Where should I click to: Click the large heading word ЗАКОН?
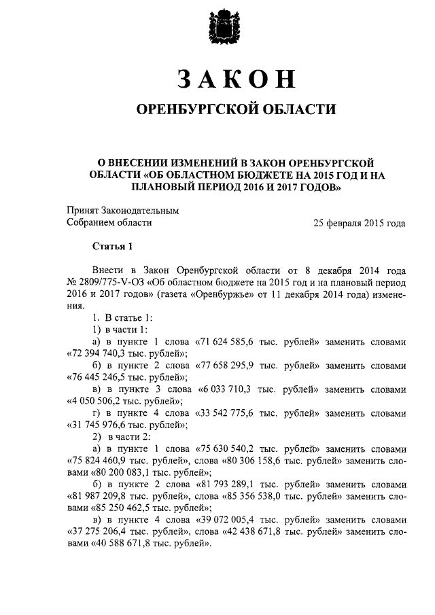click(237, 79)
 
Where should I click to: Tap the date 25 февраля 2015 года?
click(360, 222)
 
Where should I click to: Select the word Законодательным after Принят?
click(139, 210)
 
